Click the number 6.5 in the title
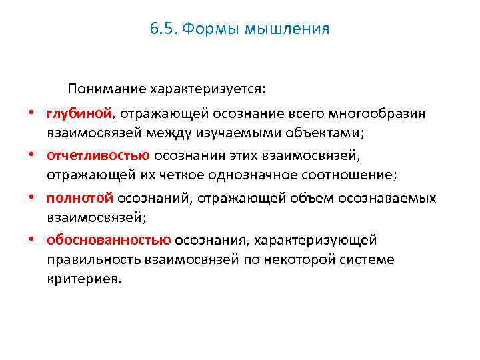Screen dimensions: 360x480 (163, 29)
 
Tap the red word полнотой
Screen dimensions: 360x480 (80, 198)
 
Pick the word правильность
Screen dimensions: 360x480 (93, 260)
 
